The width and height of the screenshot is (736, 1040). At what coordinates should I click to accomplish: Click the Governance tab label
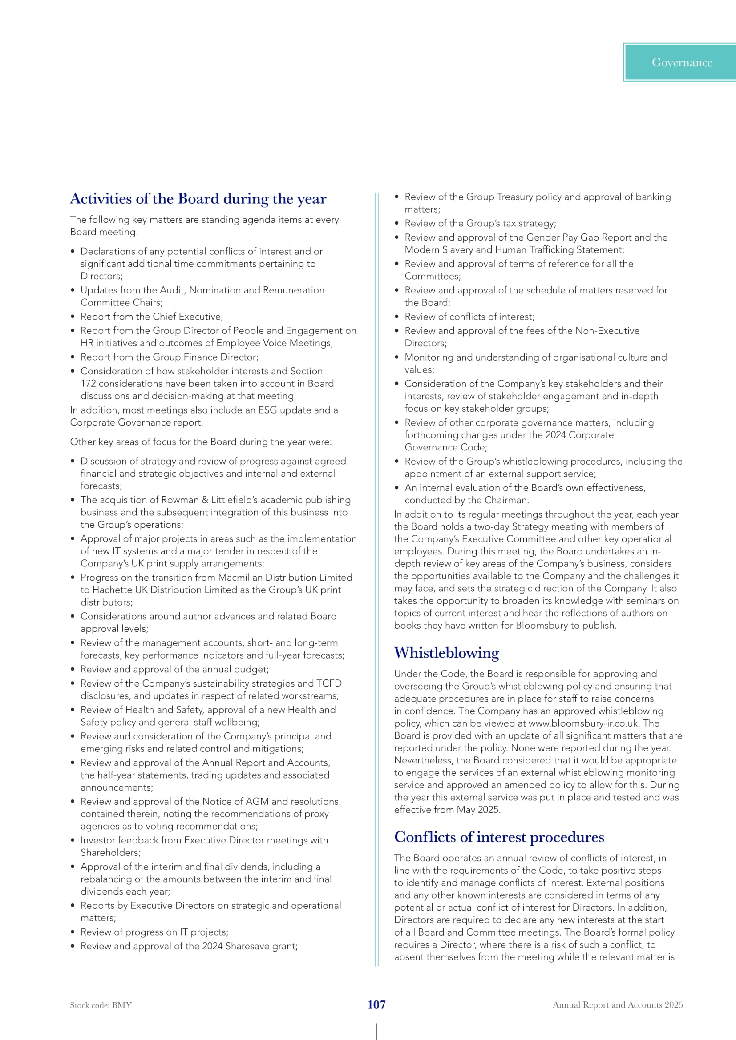(682, 63)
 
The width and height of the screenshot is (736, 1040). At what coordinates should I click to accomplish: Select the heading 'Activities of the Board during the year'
(198, 199)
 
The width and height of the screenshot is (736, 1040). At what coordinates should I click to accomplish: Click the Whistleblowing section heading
(446, 653)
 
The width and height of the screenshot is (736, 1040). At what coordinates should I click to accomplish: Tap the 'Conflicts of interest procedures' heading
(499, 837)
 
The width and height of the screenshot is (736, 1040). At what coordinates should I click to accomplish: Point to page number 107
(376, 1005)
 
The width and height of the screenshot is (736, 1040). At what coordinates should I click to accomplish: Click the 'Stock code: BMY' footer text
(101, 1005)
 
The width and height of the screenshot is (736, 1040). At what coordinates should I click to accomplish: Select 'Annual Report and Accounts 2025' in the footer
(617, 1005)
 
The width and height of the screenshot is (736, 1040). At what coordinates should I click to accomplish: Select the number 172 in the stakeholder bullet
(89, 384)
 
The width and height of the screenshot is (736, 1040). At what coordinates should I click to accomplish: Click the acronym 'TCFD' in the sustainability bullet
(329, 683)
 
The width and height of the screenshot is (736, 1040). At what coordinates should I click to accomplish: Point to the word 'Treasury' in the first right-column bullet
(515, 197)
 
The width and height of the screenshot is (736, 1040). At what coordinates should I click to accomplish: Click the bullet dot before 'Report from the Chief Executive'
(73, 317)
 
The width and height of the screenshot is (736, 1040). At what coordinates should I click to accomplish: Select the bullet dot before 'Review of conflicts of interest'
(396, 317)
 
